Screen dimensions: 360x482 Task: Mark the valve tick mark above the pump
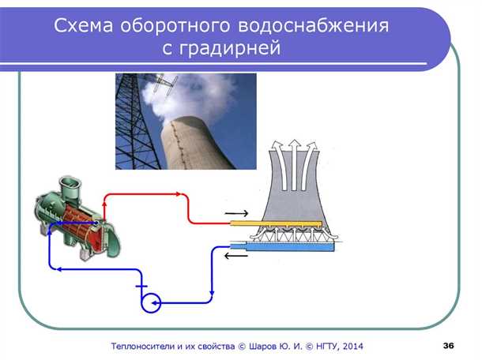[x=141, y=285]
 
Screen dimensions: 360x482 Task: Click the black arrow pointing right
[x=235, y=213]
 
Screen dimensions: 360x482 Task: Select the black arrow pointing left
[x=235, y=256]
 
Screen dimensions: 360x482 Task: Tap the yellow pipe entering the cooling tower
[x=277, y=223]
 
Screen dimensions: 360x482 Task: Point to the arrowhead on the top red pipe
[x=180, y=194]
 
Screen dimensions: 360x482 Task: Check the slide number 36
[x=448, y=346]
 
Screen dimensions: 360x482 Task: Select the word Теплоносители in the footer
[x=150, y=346]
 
